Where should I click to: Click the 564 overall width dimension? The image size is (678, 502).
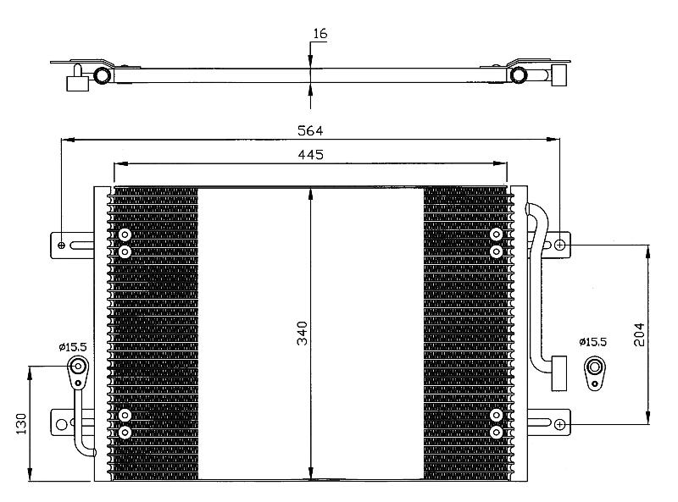click(x=310, y=130)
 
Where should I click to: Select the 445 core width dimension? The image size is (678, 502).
click(x=310, y=155)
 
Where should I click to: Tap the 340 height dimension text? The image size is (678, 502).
click(x=303, y=333)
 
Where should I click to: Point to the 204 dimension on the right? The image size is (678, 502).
click(x=639, y=334)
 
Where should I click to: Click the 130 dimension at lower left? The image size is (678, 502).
click(x=21, y=424)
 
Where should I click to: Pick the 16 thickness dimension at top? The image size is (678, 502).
click(x=320, y=34)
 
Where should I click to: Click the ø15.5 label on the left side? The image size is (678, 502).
click(x=73, y=346)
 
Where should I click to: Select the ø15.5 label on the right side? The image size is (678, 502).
click(x=592, y=342)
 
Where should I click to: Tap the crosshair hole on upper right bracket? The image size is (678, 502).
click(x=559, y=245)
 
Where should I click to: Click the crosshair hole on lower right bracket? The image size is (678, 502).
click(x=559, y=425)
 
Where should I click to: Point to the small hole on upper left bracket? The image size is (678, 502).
click(x=61, y=245)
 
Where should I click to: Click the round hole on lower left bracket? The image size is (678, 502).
click(x=62, y=425)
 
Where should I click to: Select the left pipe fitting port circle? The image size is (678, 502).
click(x=78, y=367)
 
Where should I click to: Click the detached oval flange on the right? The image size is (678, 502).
click(x=595, y=372)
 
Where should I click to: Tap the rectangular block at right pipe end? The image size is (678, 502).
click(x=559, y=373)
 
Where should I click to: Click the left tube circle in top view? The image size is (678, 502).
click(x=103, y=75)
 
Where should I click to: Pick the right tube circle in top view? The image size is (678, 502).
click(x=519, y=74)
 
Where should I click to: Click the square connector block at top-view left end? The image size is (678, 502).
click(x=78, y=83)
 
